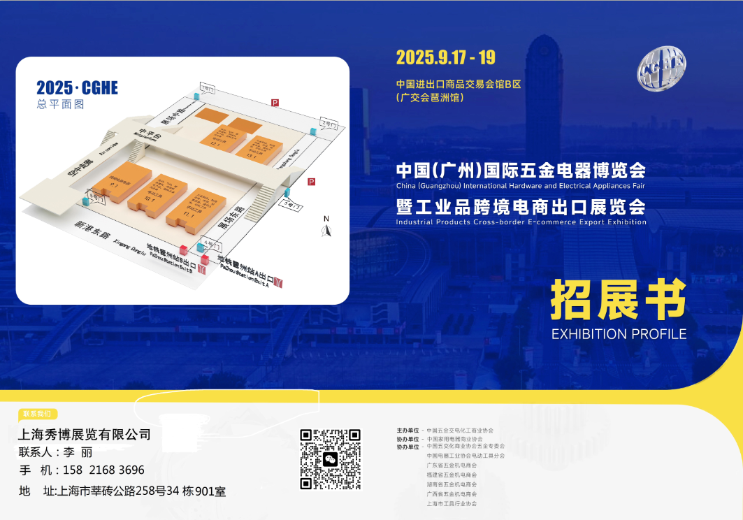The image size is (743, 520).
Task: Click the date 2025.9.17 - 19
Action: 445,57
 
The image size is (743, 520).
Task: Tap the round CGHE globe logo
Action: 661,68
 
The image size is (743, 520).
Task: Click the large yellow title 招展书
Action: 618,301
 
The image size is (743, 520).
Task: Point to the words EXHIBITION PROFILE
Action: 619,334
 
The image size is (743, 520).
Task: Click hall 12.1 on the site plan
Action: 222,136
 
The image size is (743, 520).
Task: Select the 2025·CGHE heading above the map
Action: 77,88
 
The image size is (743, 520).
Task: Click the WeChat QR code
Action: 331,459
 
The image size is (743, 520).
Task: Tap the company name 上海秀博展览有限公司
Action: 85,434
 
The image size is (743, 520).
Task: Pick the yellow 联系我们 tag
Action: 37,413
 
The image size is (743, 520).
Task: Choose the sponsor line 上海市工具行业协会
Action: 452,503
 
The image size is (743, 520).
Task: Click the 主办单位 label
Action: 407,431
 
